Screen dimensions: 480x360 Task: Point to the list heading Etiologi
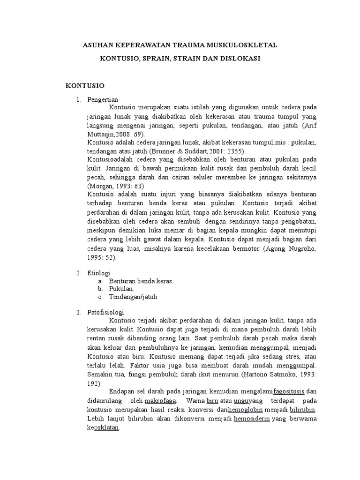point(98,273)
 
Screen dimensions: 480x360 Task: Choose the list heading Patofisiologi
point(105,311)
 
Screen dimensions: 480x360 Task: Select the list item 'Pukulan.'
point(121,289)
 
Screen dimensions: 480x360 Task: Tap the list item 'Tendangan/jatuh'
point(133,297)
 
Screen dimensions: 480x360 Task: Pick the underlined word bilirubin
point(303,410)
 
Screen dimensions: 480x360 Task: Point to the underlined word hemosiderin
point(252,418)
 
